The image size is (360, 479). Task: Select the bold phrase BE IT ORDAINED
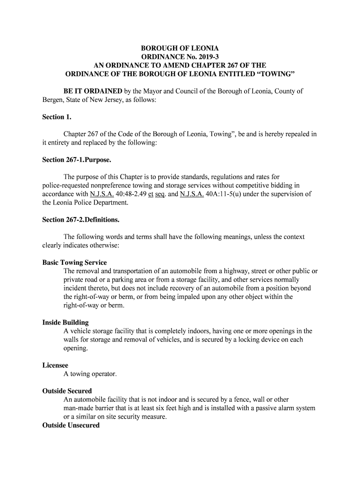pos(93,91)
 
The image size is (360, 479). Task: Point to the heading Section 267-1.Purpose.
pos(77,160)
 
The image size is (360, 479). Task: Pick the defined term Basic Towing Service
pos(75,262)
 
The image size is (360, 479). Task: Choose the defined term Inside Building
pos(65,322)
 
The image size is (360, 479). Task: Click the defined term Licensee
pos(55,365)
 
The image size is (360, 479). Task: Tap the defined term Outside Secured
pos(67,391)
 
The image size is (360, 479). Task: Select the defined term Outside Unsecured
pos(71,425)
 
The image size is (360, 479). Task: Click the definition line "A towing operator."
pos(90,374)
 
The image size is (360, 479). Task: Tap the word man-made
pos(79,408)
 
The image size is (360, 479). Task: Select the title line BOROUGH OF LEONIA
pos(180,49)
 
